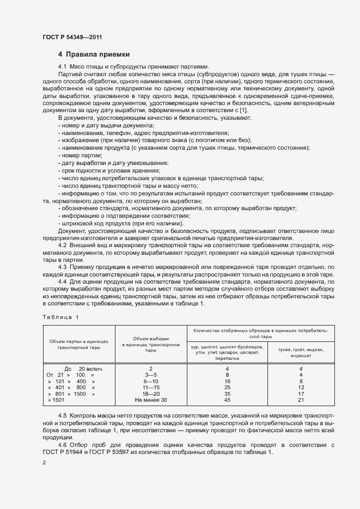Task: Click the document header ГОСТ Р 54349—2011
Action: (72, 36)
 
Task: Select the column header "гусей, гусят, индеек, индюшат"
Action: (301, 352)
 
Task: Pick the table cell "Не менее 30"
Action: (150, 400)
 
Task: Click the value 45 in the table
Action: (227, 400)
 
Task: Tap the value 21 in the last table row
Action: (301, 400)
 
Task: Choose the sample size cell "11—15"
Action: (150, 388)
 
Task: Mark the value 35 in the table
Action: (227, 394)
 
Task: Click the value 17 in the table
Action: (301, 394)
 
